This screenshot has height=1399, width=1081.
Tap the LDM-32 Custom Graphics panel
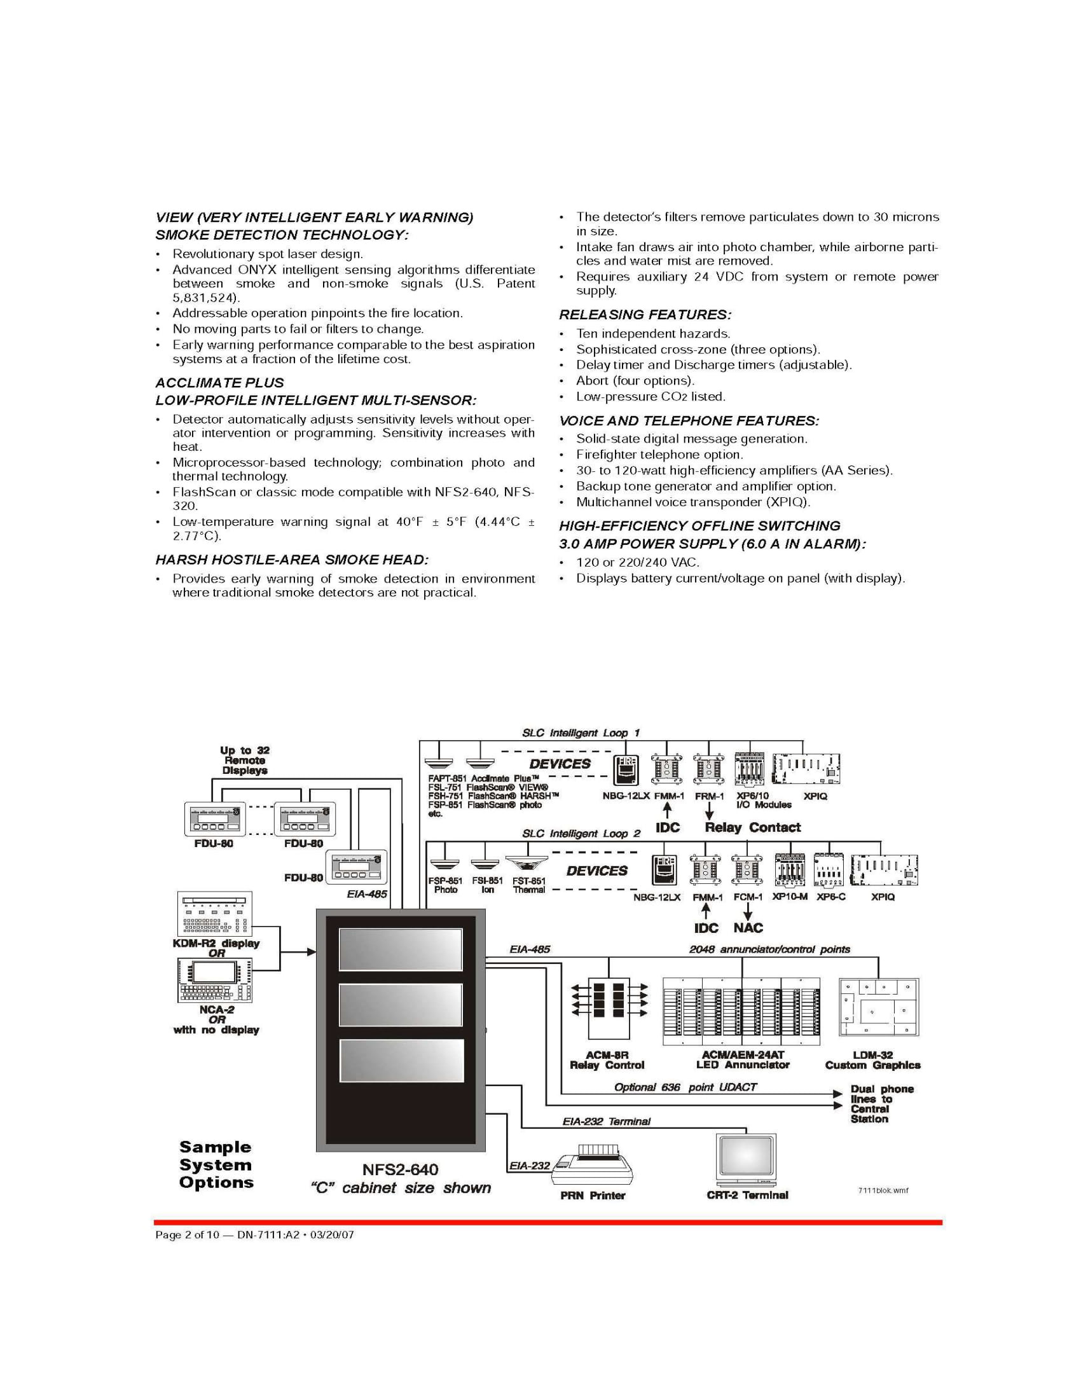pos(879,1007)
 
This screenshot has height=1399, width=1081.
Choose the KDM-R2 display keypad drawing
pos(214,913)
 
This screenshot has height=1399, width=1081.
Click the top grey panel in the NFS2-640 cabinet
pos(400,949)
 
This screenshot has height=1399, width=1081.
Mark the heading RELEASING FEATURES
pos(645,315)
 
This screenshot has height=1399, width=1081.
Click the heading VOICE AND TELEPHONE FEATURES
pos(689,421)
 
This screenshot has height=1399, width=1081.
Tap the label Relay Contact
pos(752,827)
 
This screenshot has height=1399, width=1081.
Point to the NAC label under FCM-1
pos(748,928)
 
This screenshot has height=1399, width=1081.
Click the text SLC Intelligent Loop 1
pos(581,733)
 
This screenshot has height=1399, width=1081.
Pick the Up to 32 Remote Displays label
pos(245,761)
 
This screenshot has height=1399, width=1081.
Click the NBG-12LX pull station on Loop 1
pos(625,769)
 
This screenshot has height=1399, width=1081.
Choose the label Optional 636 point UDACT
pos(685,1087)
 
